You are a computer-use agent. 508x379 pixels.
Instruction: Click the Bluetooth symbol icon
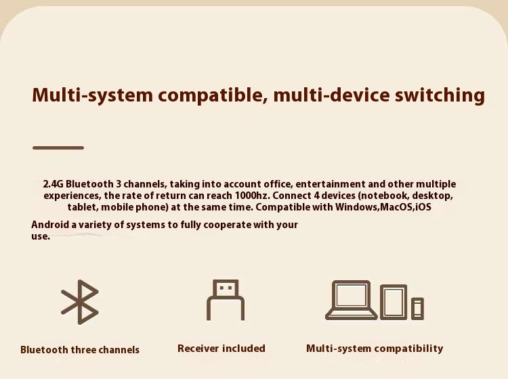80,302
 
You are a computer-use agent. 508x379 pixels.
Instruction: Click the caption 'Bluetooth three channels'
80,349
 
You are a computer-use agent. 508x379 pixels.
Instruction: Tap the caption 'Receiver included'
221,349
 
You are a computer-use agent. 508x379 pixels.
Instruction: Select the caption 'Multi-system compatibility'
375,349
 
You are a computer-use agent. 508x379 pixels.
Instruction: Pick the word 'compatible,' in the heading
213,95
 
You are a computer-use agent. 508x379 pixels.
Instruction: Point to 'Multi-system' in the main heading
92,95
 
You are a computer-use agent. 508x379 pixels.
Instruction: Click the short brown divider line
58,148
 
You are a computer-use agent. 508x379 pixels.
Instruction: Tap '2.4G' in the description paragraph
53,184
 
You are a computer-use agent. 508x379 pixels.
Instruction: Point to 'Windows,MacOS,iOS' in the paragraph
383,207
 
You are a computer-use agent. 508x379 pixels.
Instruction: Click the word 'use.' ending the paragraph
41,236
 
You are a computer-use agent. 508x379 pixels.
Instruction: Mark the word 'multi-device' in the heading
331,95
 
